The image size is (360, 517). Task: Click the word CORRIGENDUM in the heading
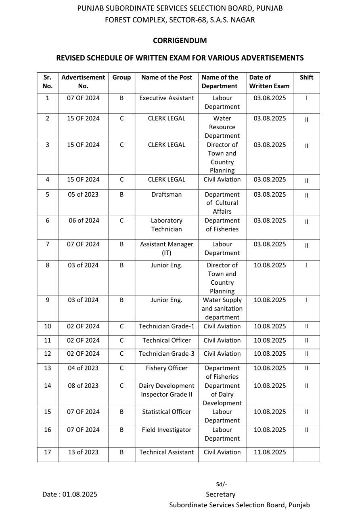click(180, 40)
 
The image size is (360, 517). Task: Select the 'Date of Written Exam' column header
click(269, 82)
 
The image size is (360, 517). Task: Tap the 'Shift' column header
click(306, 77)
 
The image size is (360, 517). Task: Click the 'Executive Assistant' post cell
click(167, 98)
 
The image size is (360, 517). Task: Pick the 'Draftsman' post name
click(167, 194)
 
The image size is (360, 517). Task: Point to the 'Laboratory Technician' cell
click(167, 225)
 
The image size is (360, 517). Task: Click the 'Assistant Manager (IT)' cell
click(167, 248)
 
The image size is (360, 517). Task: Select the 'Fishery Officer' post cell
click(167, 368)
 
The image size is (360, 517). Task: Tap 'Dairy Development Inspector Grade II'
click(167, 390)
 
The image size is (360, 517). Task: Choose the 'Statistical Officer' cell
click(167, 412)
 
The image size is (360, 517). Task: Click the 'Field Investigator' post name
click(167, 430)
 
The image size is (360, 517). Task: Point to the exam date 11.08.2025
click(270, 452)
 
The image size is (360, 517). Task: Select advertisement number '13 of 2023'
click(83, 452)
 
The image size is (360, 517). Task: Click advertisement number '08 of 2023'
click(83, 386)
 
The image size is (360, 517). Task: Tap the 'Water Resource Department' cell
click(222, 127)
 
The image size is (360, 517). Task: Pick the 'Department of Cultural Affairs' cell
click(222, 203)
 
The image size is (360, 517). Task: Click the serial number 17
click(48, 452)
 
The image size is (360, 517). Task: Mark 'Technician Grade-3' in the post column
click(167, 353)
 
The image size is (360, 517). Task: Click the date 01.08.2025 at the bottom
click(80, 494)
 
